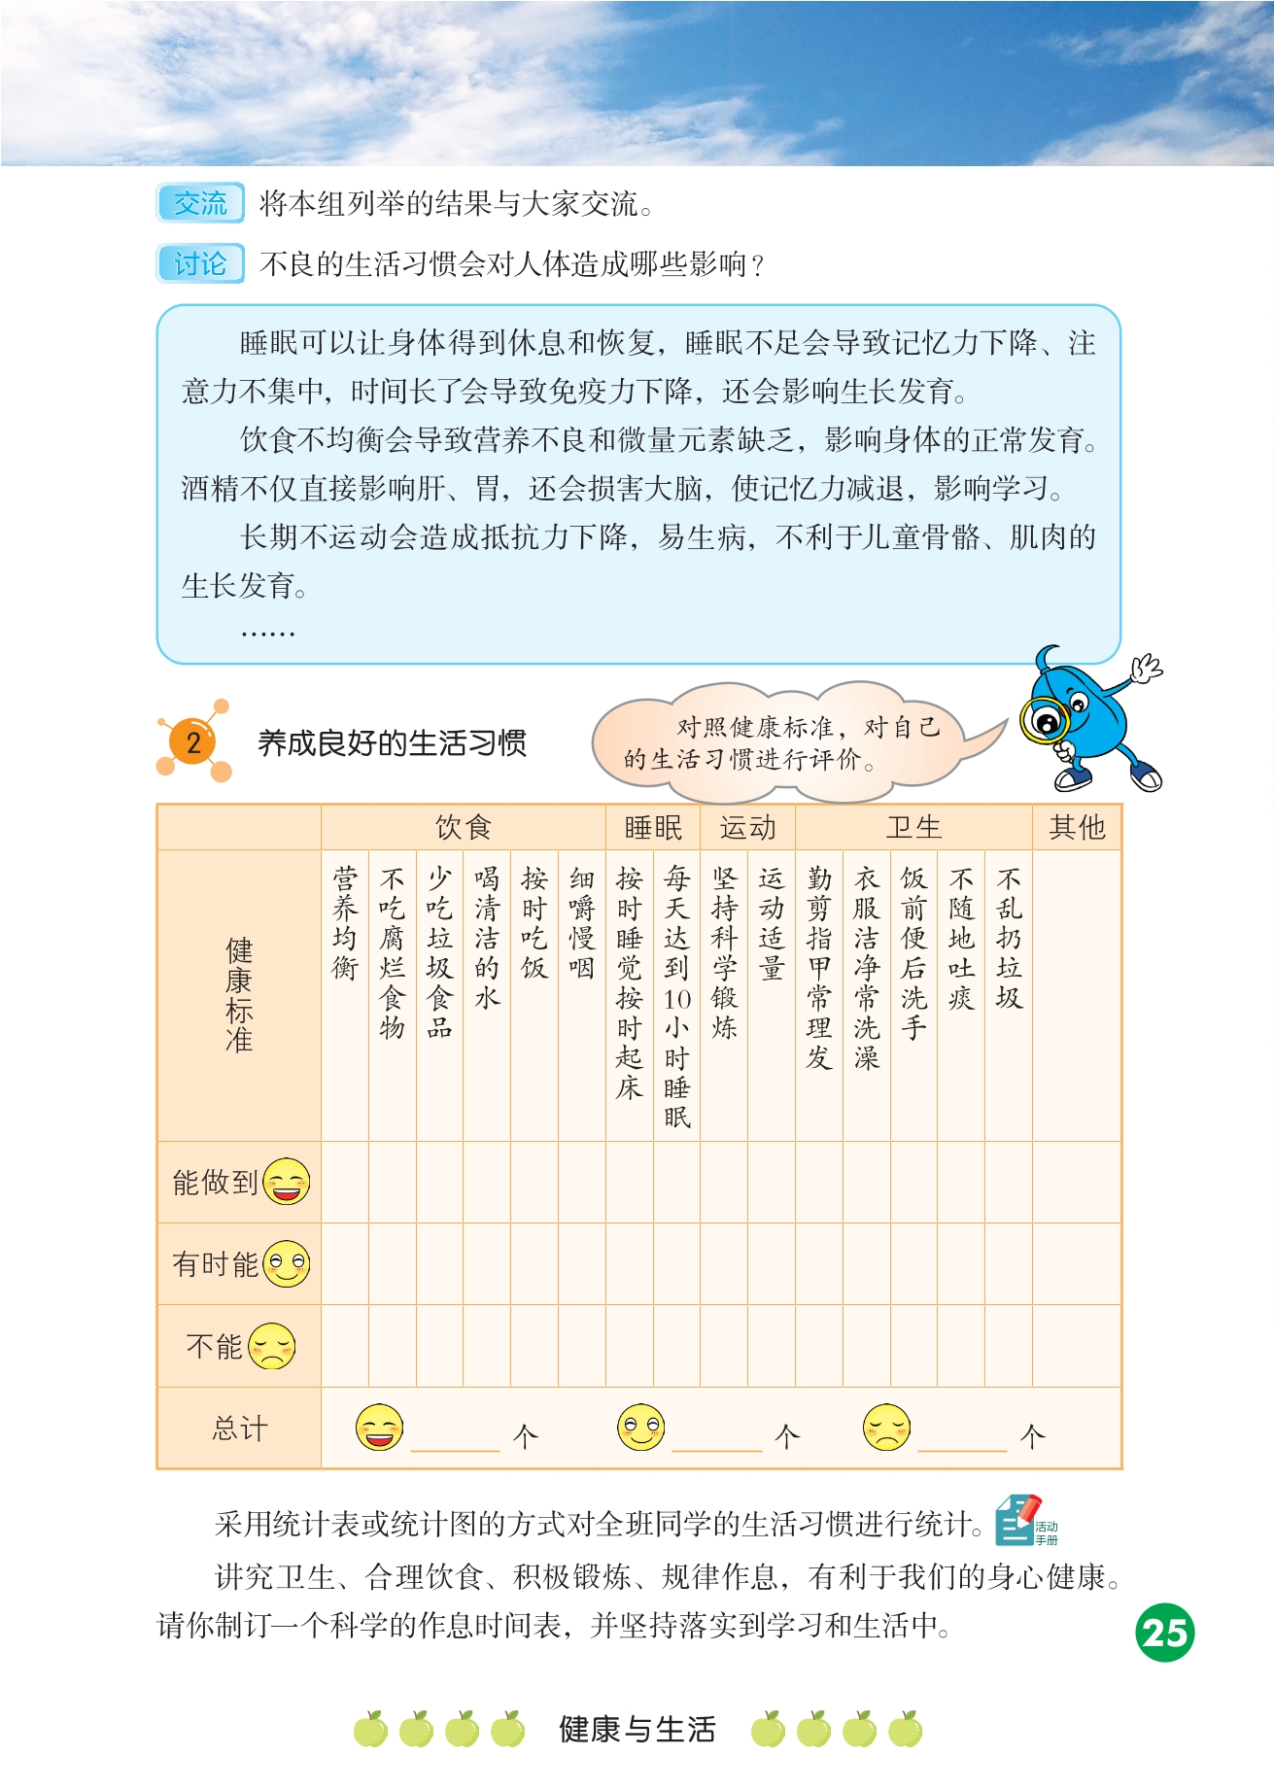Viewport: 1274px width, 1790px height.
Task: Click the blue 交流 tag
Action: pos(200,204)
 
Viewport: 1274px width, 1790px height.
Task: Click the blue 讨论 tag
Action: pos(200,264)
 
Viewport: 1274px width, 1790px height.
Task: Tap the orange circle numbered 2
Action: pos(193,742)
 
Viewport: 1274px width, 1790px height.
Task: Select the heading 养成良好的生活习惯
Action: pos(392,743)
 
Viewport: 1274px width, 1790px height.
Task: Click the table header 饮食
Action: pos(463,828)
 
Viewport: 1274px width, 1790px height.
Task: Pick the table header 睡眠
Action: pos(653,828)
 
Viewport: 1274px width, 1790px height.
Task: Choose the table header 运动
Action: pos(747,828)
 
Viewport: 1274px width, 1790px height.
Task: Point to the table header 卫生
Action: pos(913,828)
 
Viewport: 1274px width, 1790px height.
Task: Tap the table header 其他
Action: pos(1077,828)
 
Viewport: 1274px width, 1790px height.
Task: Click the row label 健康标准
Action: pos(239,994)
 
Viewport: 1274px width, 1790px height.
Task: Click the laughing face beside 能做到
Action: pos(287,1182)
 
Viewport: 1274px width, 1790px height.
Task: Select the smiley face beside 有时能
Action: pos(287,1263)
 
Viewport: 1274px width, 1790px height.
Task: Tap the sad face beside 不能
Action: pos(272,1346)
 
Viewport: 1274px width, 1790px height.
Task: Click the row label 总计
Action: pos(239,1429)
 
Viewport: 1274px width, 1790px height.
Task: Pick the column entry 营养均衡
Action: pos(345,923)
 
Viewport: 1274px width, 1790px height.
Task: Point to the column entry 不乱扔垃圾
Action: pos(1009,939)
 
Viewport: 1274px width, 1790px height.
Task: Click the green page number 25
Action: pos(1164,1634)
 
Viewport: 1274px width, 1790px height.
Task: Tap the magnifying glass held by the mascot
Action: pos(1045,721)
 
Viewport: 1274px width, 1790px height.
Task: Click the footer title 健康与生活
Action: pos(637,1730)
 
